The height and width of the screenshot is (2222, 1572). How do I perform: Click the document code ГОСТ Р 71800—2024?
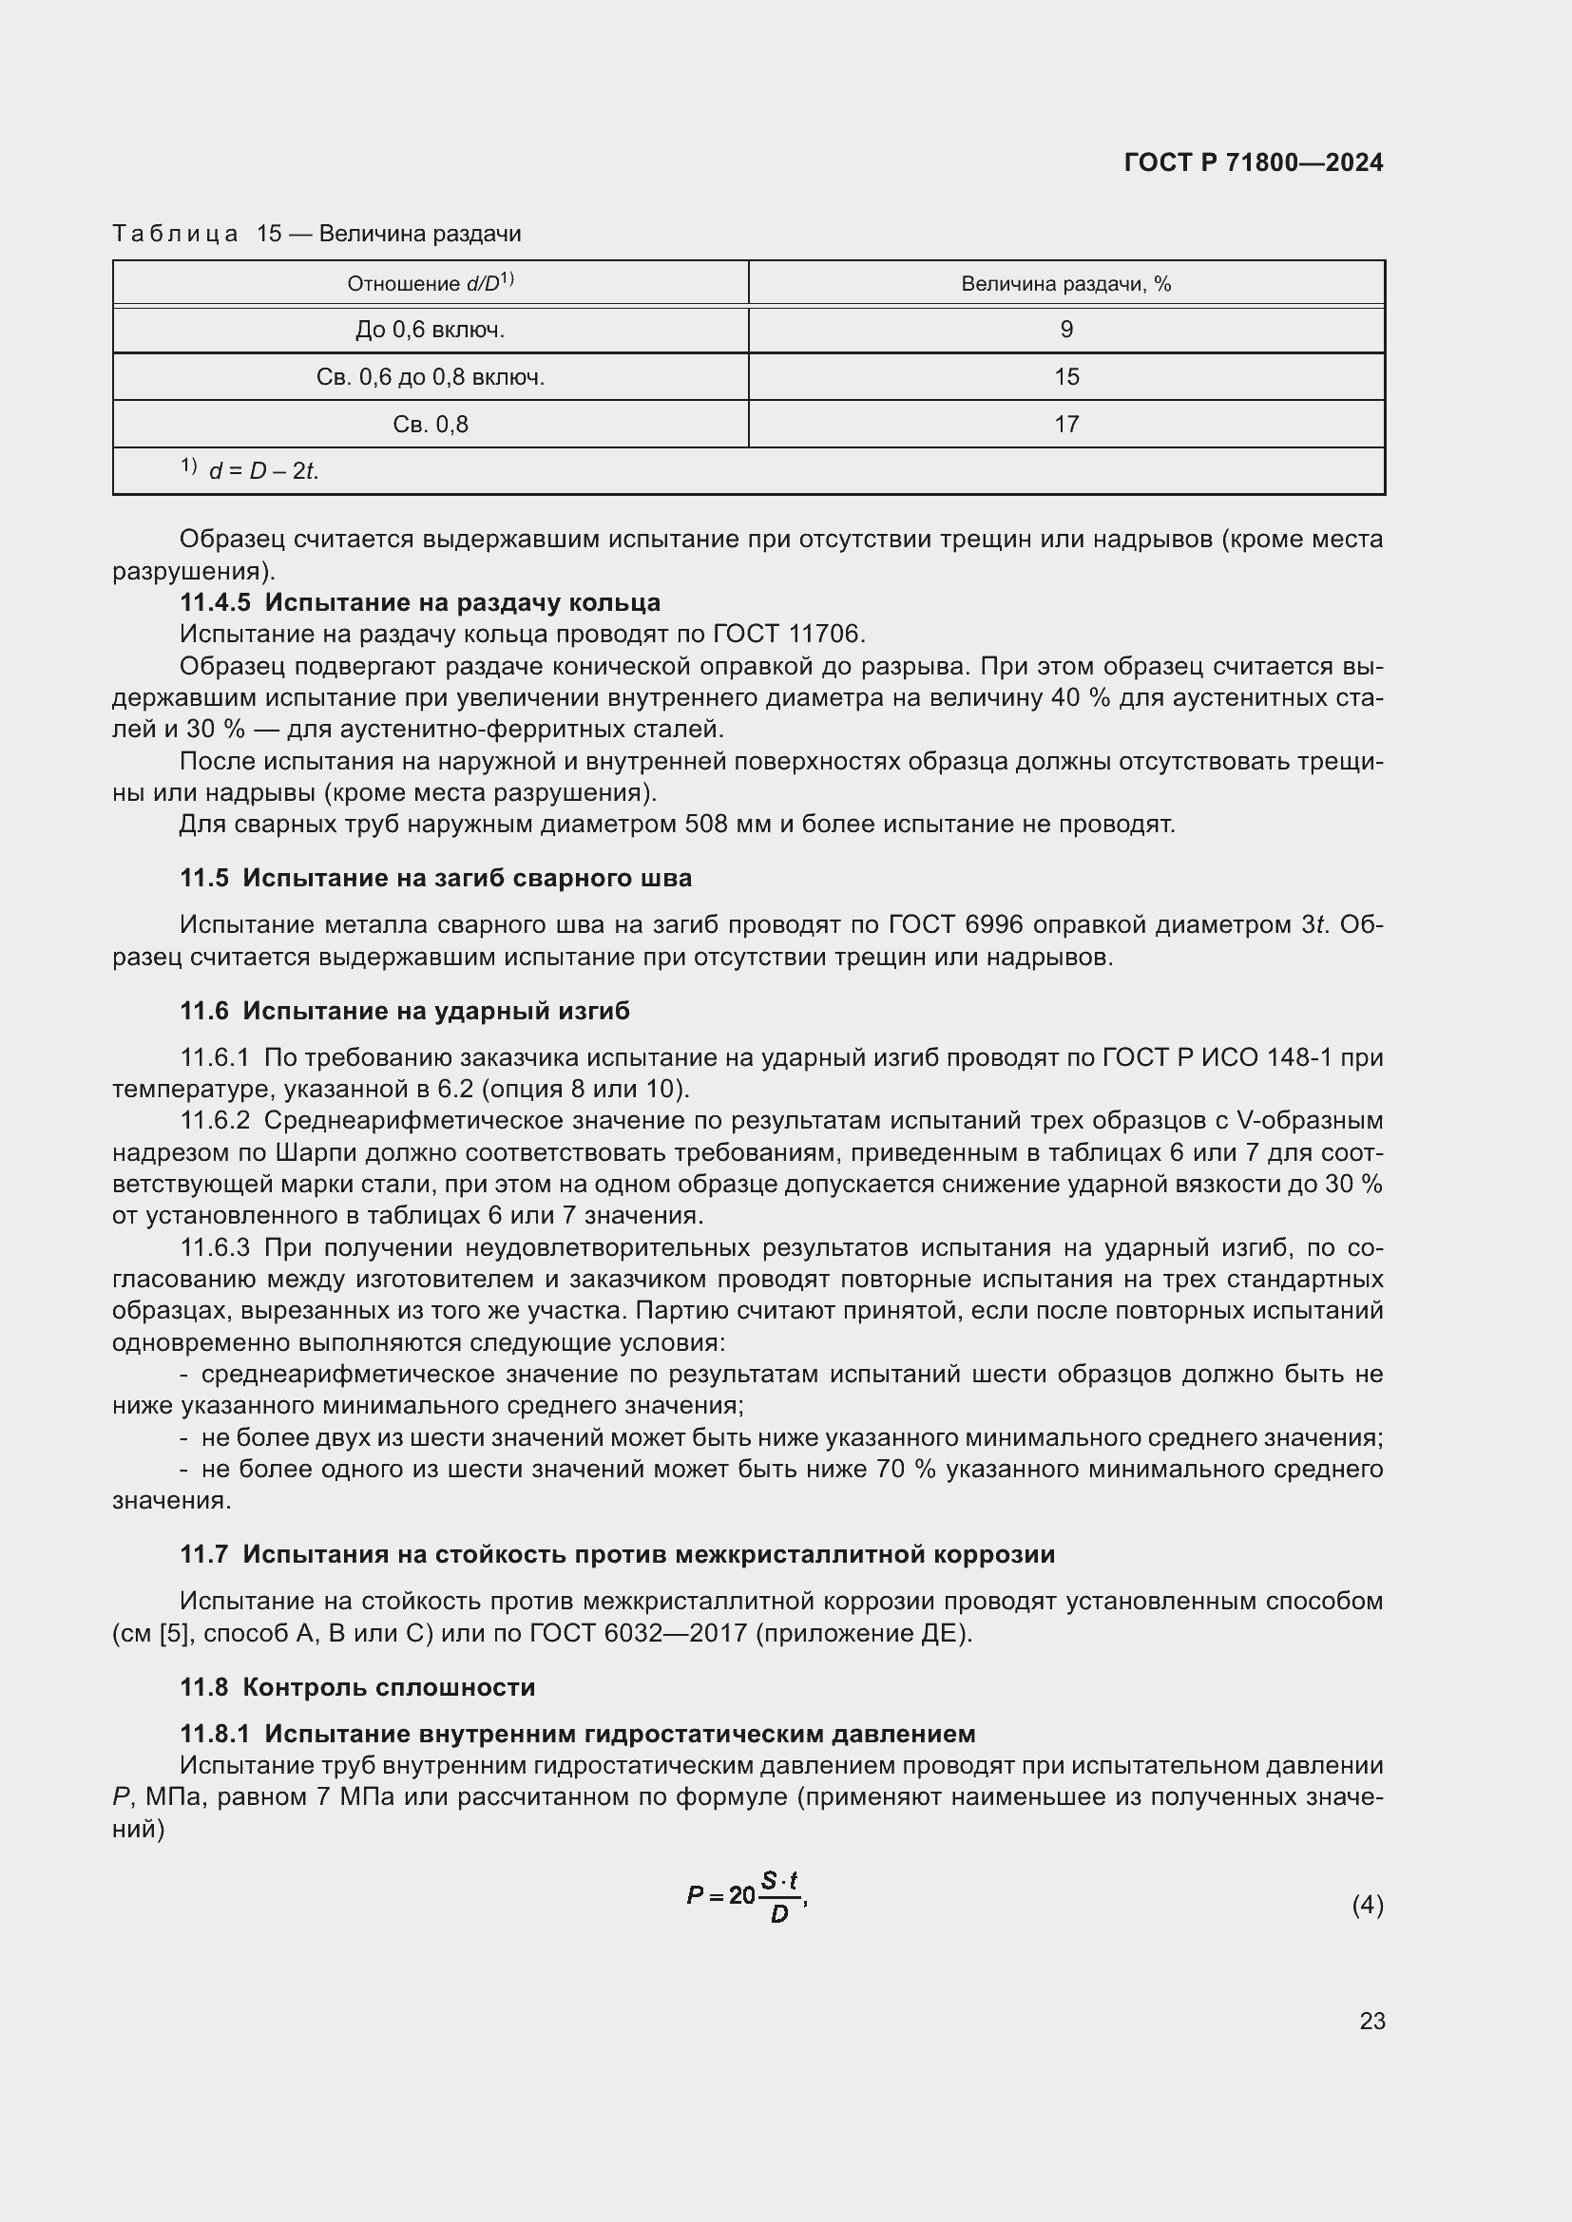click(x=1254, y=162)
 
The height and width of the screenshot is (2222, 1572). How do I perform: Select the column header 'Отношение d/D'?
click(x=430, y=283)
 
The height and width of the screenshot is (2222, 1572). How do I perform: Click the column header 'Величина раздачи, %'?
click(x=1065, y=283)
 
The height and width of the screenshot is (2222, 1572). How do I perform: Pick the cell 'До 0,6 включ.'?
click(x=430, y=330)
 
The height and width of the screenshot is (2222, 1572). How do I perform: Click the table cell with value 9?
click(x=1065, y=330)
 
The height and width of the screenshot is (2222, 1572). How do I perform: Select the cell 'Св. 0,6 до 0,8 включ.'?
click(x=430, y=377)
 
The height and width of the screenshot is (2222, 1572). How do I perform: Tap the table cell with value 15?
click(x=1065, y=377)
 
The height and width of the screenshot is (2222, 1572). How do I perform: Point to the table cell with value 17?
click(x=1065, y=424)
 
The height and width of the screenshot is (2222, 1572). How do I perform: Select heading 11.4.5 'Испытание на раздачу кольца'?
click(x=420, y=602)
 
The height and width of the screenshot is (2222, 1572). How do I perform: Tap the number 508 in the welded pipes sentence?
click(x=706, y=825)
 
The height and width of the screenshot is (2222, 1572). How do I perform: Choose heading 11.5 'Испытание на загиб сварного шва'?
click(x=435, y=878)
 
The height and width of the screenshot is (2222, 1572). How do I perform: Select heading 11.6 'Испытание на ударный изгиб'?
click(x=405, y=1011)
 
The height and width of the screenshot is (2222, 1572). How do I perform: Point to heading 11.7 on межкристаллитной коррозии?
click(x=617, y=1554)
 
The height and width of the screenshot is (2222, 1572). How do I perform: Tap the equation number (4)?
click(x=1367, y=1906)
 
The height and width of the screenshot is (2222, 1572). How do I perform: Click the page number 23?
click(x=1371, y=2021)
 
